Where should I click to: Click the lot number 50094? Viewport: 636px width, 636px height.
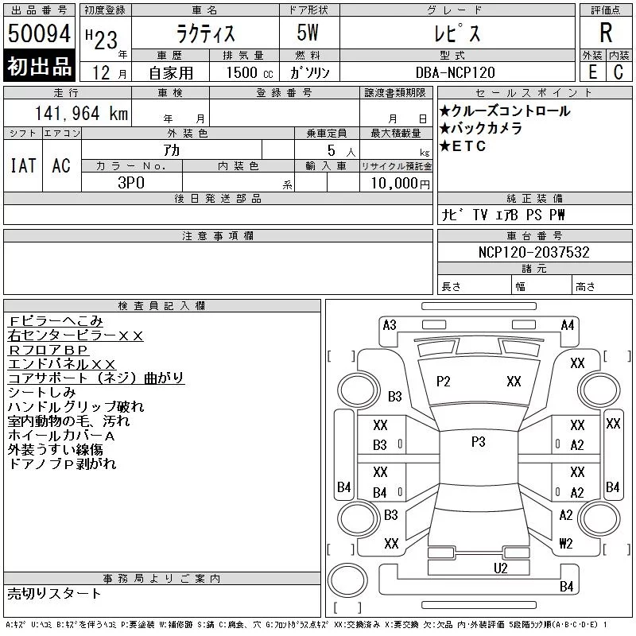coord(39,33)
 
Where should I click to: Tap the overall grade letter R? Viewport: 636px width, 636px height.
coord(606,33)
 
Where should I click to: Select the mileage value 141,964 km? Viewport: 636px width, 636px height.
coord(81,114)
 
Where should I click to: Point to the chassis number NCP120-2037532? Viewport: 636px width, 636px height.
coord(533,252)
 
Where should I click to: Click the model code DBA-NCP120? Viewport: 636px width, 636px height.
coord(455,72)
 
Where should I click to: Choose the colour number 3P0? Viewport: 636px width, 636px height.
coord(131,183)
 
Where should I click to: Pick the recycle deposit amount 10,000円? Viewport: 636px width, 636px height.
coord(400,183)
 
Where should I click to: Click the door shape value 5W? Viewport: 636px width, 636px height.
coord(308,33)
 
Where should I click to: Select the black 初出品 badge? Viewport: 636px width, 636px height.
coord(39,66)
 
